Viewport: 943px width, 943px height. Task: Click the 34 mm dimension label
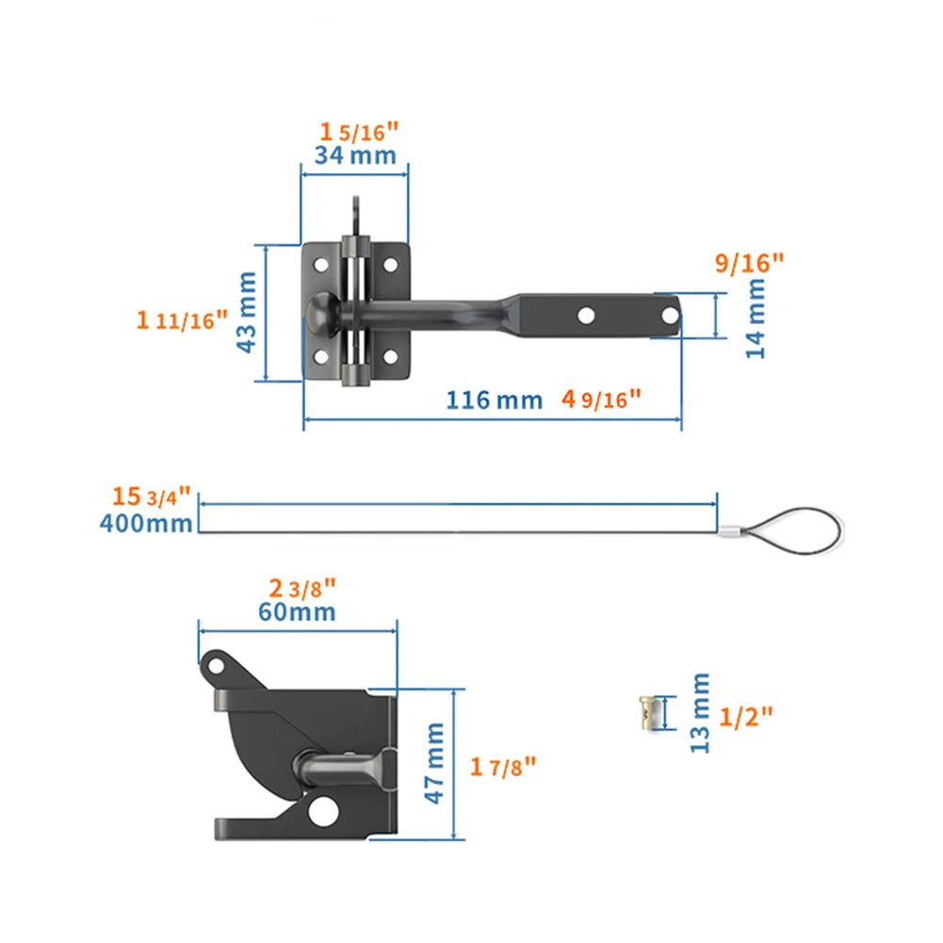[x=354, y=154]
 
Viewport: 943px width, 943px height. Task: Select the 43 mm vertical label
[x=247, y=312]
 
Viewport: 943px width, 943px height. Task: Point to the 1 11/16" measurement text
[x=182, y=320]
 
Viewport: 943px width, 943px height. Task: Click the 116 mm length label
[x=494, y=399]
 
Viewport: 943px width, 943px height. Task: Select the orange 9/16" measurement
[x=749, y=265]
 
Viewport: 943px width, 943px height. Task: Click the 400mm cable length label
[x=146, y=523]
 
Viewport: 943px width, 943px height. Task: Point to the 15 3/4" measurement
[x=151, y=496]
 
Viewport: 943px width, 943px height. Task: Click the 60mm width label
[x=298, y=611]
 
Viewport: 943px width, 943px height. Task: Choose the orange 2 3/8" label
[x=302, y=589]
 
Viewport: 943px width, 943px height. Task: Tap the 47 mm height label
[x=435, y=763]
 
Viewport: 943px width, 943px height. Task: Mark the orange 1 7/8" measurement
[x=503, y=765]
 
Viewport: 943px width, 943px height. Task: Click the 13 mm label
[x=699, y=712]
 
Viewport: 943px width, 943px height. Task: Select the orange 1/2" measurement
[x=745, y=716]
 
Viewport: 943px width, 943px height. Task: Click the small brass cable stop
[x=646, y=712]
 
